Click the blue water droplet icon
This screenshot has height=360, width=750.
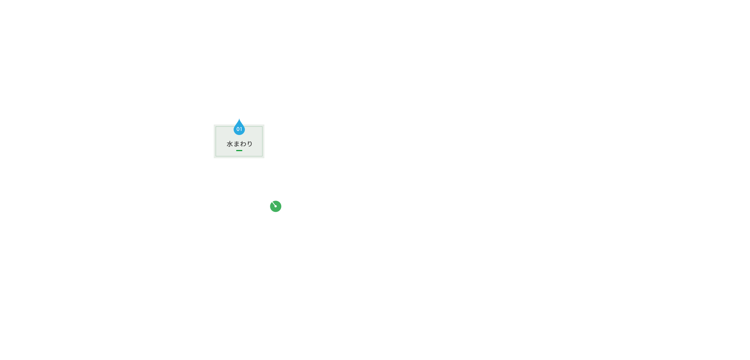239,127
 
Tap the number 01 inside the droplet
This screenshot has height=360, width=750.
239,129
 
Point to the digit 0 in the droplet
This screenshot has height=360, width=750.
238,129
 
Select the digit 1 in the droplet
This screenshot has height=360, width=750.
241,129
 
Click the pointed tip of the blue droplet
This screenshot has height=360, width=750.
239,119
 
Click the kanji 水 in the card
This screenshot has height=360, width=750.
229,144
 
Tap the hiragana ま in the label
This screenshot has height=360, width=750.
236,144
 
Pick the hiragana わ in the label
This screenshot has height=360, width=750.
243,144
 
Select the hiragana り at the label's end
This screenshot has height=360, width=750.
250,144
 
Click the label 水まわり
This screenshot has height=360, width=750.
240,144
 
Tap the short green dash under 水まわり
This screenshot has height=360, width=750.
239,150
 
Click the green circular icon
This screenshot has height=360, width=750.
276,206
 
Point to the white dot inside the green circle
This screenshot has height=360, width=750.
276,206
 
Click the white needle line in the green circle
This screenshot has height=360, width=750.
274,204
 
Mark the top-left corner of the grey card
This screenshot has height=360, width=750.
214,125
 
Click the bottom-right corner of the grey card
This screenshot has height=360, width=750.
264,158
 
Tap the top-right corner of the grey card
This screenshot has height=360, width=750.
264,125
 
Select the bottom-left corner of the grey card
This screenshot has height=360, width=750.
214,158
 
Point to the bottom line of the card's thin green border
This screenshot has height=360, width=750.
239,156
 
